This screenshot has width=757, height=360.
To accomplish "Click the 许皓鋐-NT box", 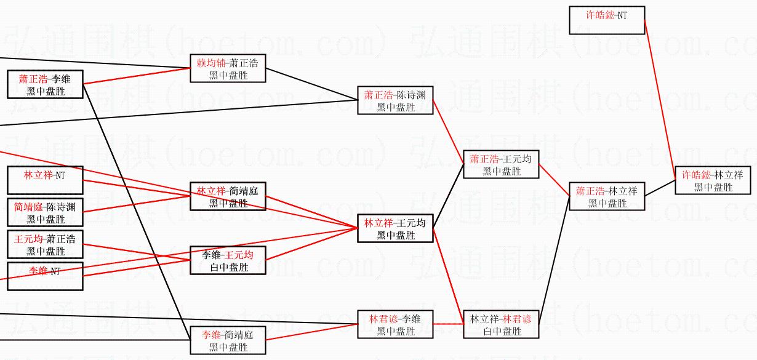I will coord(606,20).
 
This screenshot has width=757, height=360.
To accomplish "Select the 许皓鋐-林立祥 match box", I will coord(713,180).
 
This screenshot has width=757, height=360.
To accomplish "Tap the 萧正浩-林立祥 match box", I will coord(607,196).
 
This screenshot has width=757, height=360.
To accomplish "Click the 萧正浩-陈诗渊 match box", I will coord(395,100).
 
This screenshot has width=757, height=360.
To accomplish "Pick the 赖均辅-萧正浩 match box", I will coord(227,68).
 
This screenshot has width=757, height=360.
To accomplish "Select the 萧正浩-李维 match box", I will coord(44,84).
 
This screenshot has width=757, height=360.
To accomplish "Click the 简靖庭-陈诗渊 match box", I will coord(44,213).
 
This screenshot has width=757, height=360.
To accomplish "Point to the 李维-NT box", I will coord(44,276).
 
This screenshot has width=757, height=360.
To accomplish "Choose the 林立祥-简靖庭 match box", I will coord(227,196).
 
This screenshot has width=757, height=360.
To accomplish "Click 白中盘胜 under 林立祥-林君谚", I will coord(502,331).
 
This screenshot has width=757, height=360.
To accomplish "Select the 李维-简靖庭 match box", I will coord(227,340).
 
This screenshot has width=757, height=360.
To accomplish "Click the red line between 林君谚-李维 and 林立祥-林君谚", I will coord(448,324).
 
